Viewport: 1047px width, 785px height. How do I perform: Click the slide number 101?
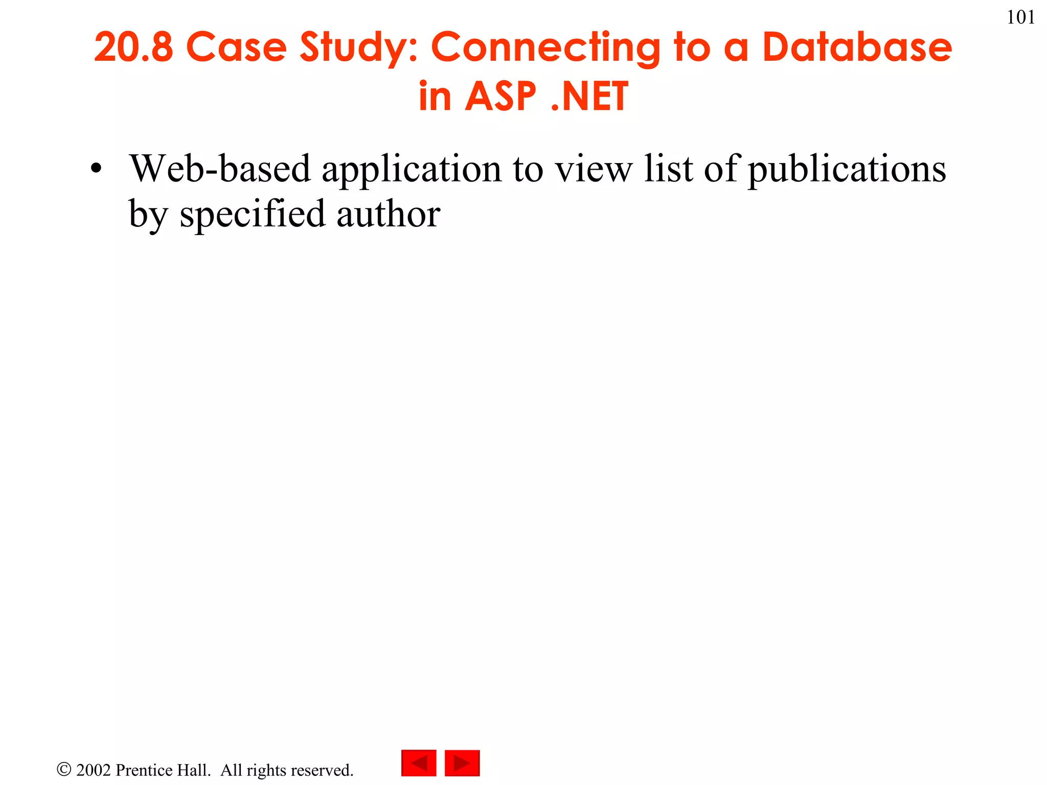click(1020, 17)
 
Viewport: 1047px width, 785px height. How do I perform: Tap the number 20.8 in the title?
click(133, 47)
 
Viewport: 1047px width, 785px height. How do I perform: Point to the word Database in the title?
click(857, 47)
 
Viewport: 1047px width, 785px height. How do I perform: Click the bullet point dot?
click(96, 169)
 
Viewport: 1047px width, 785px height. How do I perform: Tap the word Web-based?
click(220, 169)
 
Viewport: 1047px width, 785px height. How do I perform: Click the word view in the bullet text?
click(594, 169)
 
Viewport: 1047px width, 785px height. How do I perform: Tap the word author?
click(388, 214)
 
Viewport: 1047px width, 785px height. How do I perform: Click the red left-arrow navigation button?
click(419, 763)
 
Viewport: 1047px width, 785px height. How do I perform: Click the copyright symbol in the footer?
click(64, 770)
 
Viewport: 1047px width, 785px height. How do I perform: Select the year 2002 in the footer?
click(94, 770)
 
